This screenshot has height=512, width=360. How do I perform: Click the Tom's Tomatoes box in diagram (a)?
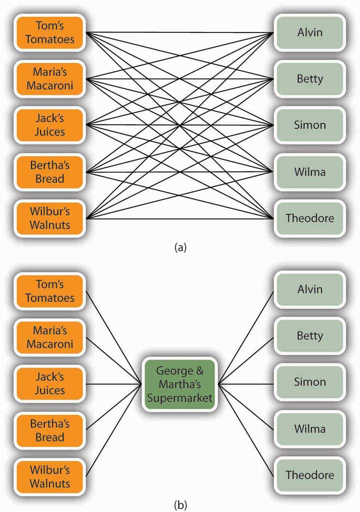point(49,32)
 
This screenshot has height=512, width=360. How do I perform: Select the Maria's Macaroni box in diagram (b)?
point(49,338)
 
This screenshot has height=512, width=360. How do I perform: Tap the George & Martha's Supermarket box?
point(180,384)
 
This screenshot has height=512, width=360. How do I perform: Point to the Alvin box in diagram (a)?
point(309,32)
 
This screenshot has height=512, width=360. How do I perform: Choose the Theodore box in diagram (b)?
point(309,475)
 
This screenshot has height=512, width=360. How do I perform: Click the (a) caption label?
point(180,248)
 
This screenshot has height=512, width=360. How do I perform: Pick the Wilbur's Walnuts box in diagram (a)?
point(49,218)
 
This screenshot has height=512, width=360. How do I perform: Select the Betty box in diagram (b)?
point(309,336)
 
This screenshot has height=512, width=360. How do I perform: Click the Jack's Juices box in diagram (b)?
point(49,384)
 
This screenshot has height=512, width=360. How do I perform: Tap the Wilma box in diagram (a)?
point(309,172)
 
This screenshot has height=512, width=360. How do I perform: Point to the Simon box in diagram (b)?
point(309,382)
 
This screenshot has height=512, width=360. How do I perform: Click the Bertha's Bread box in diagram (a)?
point(49,172)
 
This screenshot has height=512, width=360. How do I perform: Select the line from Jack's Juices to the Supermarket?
point(114,384)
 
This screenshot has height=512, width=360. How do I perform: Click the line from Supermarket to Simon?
point(246,384)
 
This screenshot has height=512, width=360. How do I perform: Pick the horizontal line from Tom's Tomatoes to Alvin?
point(179,32)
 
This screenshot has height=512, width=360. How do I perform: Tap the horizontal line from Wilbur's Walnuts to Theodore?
point(179,218)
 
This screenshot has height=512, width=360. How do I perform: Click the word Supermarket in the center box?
point(180,398)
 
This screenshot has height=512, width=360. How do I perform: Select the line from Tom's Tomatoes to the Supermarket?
point(114,338)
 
